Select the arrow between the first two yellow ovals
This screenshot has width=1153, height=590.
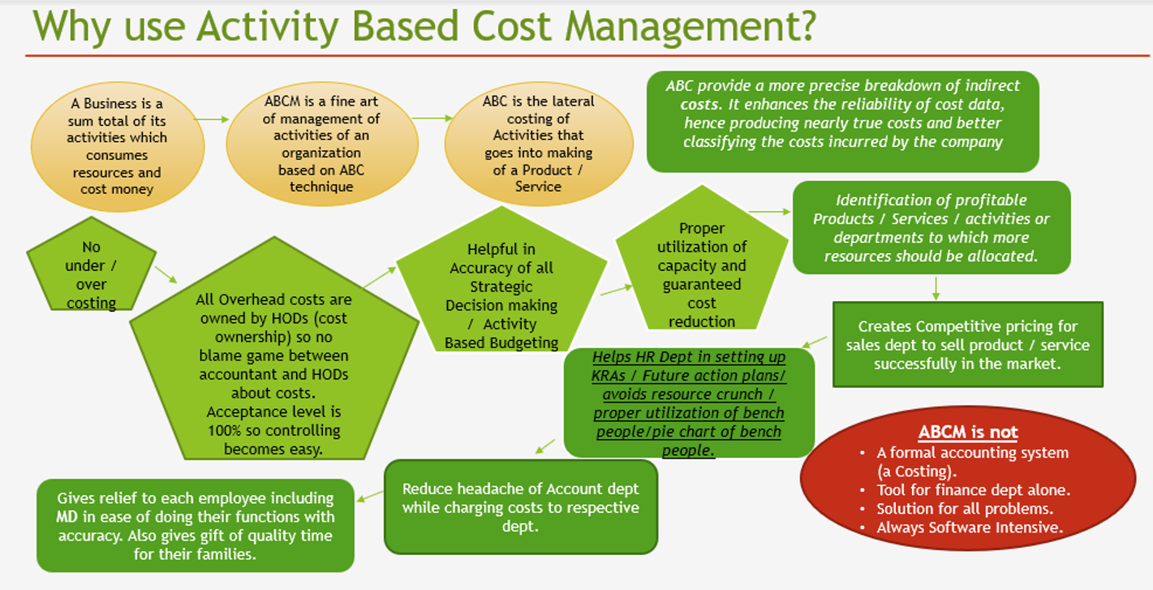(x=211, y=119)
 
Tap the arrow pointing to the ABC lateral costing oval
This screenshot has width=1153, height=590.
(x=432, y=118)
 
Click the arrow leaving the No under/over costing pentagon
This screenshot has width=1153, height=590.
(x=166, y=275)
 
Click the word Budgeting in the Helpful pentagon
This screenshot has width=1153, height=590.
(x=524, y=342)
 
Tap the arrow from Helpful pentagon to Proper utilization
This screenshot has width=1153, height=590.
(x=616, y=290)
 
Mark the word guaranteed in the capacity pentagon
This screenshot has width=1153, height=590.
(x=702, y=285)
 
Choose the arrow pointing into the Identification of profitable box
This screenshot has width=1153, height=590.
(x=769, y=212)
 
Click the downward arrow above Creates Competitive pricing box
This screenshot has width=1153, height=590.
(x=936, y=288)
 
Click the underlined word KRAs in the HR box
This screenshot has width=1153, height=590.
(x=608, y=376)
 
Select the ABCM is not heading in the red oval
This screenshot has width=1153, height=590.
(x=968, y=432)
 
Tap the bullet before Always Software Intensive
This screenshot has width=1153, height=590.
(x=863, y=528)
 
